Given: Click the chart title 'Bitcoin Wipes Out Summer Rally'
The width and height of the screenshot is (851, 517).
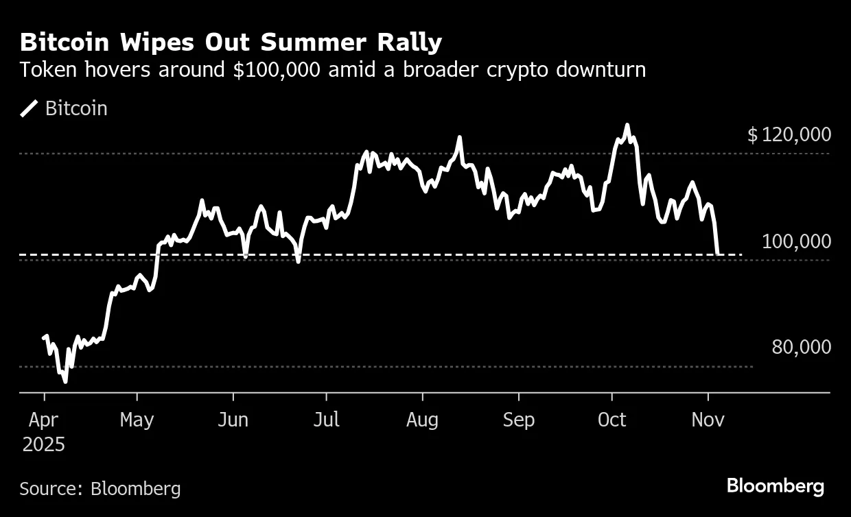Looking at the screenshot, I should click(231, 43).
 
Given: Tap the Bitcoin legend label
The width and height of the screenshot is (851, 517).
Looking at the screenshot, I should click(76, 109).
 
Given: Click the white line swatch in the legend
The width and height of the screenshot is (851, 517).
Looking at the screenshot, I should click(30, 109).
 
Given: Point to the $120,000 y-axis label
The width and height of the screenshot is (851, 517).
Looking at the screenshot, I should click(789, 135).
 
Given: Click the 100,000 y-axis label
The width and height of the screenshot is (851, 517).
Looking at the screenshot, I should click(796, 241).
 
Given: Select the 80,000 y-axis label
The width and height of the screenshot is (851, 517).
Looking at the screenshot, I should click(801, 348).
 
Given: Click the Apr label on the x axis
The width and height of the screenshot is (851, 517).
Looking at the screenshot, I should click(44, 420).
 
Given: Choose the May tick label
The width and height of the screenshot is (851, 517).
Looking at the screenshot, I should click(137, 420).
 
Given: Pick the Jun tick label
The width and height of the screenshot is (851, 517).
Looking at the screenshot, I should click(233, 420).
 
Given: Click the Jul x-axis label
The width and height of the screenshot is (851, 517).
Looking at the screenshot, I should click(326, 420).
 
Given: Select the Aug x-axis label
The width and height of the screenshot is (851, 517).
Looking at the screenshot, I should click(422, 420).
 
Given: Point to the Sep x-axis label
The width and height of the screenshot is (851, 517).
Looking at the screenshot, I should click(518, 420).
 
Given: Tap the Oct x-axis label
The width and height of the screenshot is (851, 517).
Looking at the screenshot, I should click(611, 420).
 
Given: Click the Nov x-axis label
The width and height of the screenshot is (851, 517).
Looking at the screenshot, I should click(708, 420).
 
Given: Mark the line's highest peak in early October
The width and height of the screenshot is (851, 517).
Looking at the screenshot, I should click(627, 125).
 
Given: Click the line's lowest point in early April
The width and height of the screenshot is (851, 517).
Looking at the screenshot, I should click(65, 381).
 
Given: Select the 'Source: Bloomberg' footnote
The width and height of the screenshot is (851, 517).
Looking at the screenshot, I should click(100, 489).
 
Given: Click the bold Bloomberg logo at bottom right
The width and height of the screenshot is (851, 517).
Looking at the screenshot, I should click(775, 487).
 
